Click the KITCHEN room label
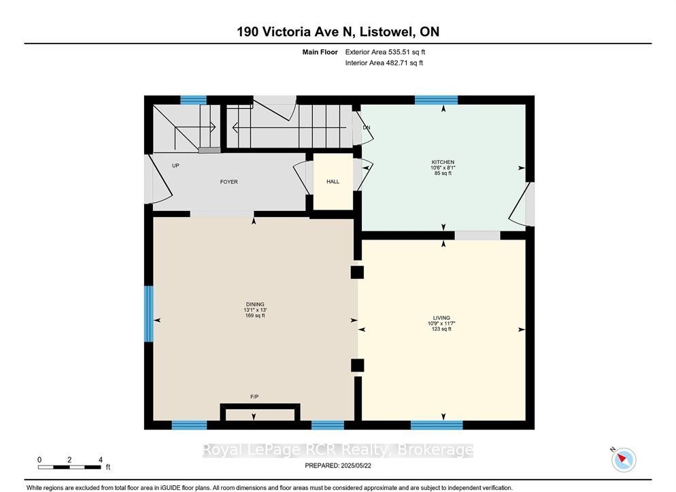pos(443,162)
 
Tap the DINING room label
pos(255,304)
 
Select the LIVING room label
pos(441,318)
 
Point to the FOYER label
pos(229,182)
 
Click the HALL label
pos(333,182)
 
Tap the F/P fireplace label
pos(254,397)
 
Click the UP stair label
pos(175,165)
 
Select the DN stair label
pos(367,128)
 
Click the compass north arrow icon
pos(624,459)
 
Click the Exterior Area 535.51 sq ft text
pos(385,52)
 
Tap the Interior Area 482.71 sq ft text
pos(384,63)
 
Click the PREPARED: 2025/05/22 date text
pos(338,465)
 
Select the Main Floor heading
pos(320,52)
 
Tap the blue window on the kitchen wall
pos(437,100)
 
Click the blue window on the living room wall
pos(437,425)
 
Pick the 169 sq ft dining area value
pos(255,316)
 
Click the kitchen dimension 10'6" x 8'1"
pos(443,167)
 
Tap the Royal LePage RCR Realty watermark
pos(338,450)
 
